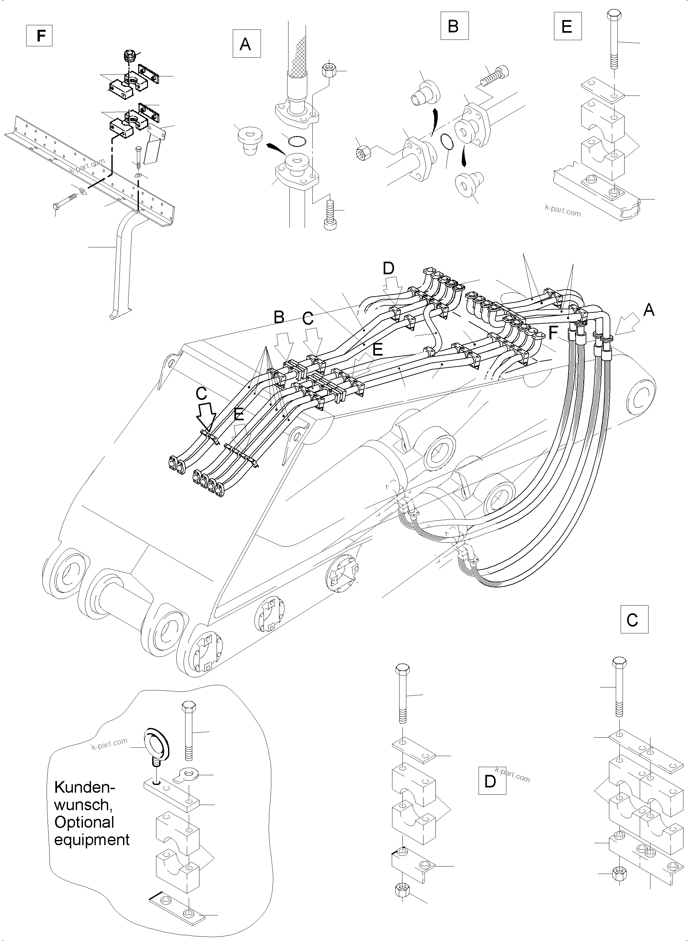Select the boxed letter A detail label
(247, 43)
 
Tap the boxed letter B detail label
(454, 26)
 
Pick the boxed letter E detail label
(567, 26)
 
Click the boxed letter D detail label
(492, 781)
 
